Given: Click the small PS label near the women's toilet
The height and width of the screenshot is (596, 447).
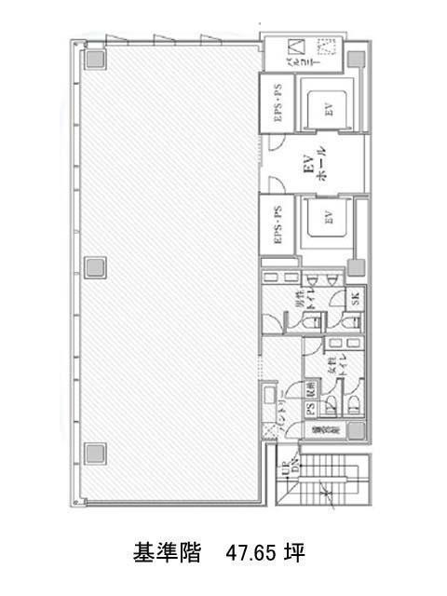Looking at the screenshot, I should click(309, 408).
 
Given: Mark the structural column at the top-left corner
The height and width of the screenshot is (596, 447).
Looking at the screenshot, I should click(94, 59).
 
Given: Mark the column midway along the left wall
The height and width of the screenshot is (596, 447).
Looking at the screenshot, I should click(94, 268).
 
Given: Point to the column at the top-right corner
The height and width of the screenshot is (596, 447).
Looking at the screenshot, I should click(357, 59).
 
